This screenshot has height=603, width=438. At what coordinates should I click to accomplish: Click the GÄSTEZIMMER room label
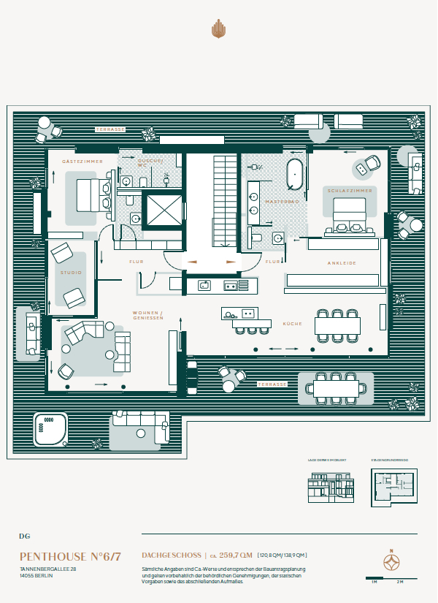(x=82, y=161)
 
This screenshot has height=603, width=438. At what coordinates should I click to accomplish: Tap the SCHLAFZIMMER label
(x=350, y=190)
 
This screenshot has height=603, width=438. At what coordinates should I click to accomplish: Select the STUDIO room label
(x=71, y=273)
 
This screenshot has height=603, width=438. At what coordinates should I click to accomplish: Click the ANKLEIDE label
(x=342, y=263)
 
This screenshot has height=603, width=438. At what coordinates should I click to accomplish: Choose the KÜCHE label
(x=292, y=323)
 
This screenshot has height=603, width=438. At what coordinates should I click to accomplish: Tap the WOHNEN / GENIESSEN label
(x=147, y=316)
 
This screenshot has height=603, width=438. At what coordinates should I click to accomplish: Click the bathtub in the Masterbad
(x=294, y=174)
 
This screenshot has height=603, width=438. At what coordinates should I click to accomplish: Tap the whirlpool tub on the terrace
(x=50, y=431)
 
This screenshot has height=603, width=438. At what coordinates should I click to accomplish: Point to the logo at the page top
(x=218, y=29)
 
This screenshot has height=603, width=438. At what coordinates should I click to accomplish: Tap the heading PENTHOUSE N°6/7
(x=70, y=556)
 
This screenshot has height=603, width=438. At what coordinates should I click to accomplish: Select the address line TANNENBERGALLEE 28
(x=48, y=569)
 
